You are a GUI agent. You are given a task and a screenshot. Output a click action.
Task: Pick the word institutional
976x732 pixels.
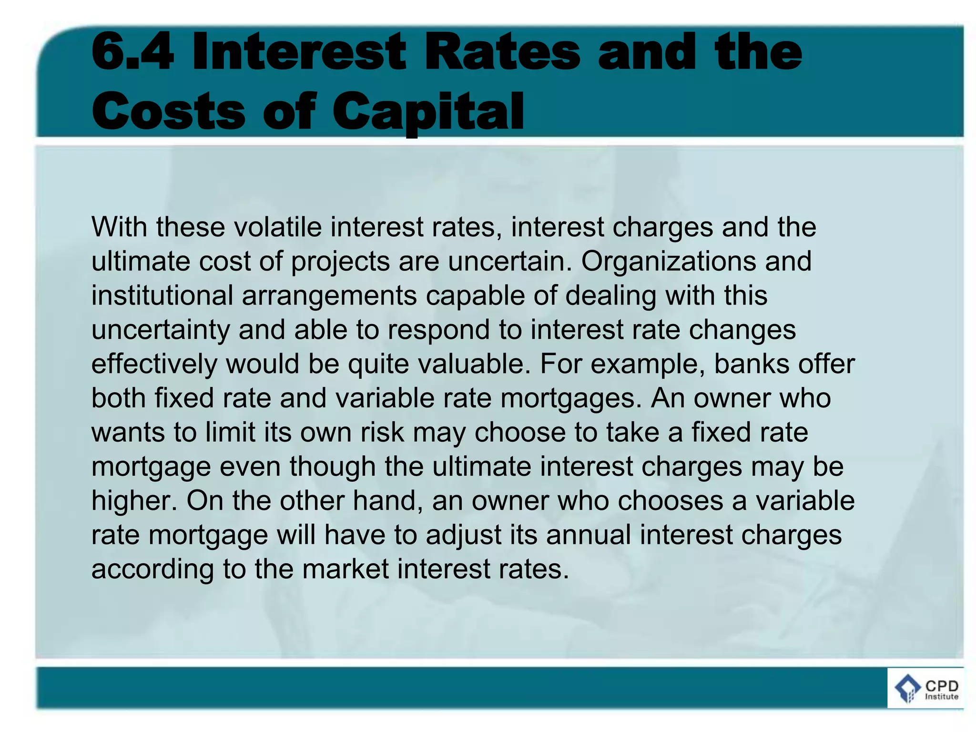tap(162, 295)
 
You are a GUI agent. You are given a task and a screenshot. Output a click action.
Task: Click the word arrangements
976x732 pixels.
tap(329, 295)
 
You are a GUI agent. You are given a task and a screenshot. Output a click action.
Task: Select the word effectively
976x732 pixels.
tap(154, 364)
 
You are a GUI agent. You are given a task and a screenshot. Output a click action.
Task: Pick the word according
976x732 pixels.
tap(152, 569)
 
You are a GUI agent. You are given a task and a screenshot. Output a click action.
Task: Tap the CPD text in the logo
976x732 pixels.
tap(941, 686)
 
